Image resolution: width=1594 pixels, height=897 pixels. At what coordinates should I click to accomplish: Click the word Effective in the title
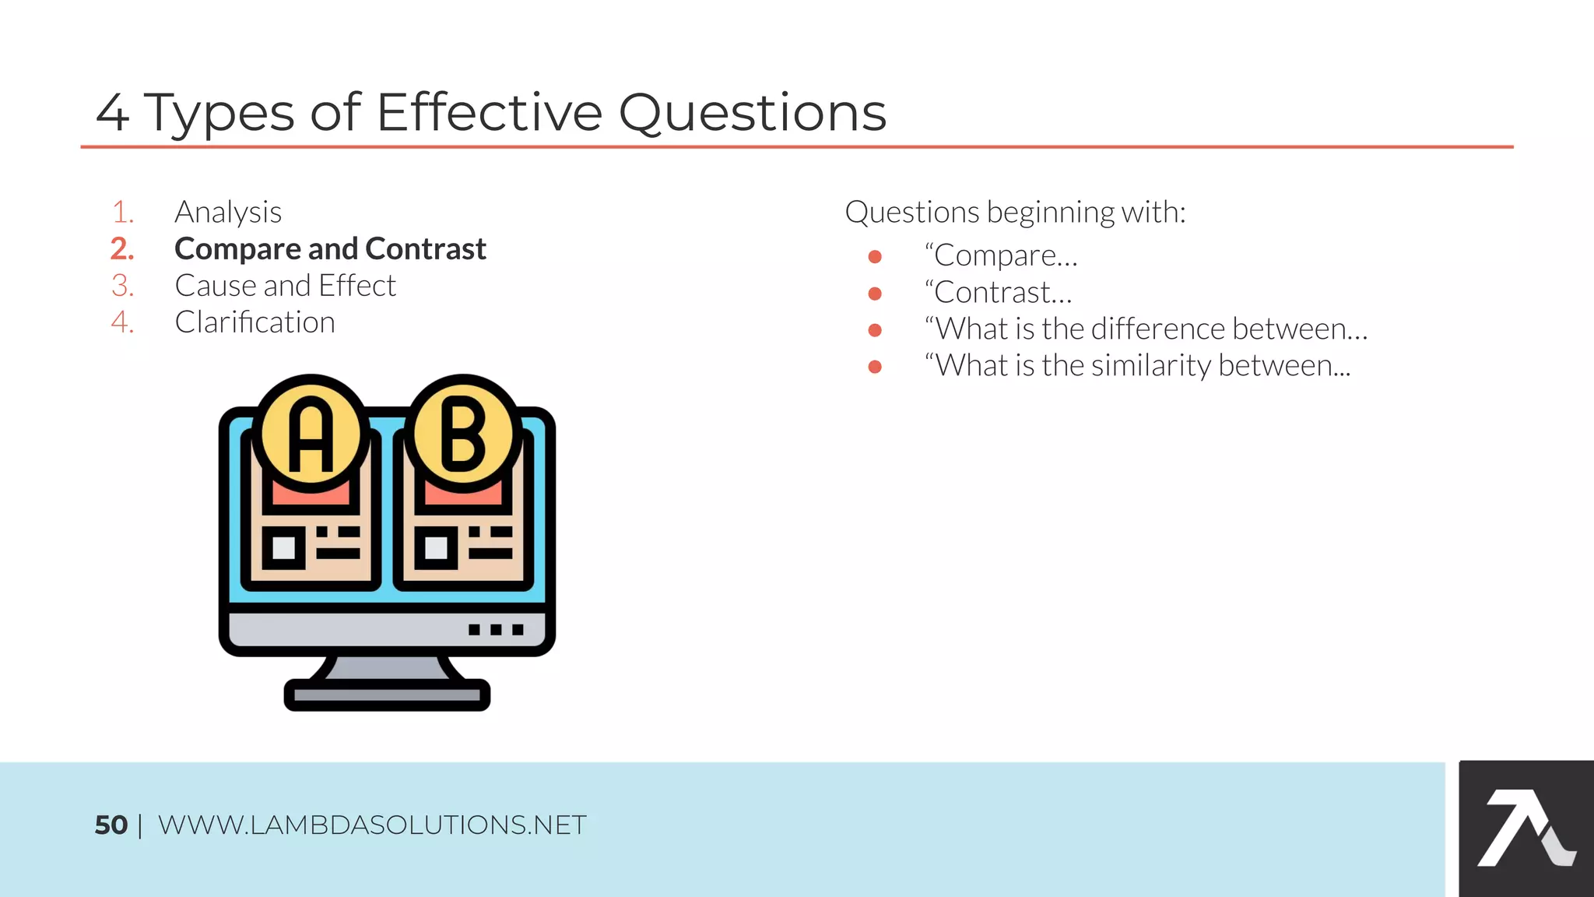[489, 112]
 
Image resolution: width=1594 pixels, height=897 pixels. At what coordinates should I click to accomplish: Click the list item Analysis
[228, 212]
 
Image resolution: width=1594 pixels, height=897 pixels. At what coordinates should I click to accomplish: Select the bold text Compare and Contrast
[330, 249]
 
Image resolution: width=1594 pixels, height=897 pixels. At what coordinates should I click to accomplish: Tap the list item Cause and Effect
[285, 286]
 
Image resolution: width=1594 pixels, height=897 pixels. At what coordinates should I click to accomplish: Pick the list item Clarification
[255, 322]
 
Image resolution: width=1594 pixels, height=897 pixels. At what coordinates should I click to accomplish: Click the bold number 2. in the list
[122, 249]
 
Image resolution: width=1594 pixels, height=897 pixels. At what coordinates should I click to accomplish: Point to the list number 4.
[122, 322]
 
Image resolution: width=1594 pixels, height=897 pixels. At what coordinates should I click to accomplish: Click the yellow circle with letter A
[311, 433]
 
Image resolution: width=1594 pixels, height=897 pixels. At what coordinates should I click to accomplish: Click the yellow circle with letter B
[463, 433]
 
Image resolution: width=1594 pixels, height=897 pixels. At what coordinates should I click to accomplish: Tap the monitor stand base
[387, 695]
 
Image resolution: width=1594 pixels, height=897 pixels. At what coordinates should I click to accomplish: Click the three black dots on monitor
[496, 629]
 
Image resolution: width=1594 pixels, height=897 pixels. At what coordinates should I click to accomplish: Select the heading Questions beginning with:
[1015, 212]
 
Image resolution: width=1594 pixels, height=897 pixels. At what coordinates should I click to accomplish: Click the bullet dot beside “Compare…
[875, 256]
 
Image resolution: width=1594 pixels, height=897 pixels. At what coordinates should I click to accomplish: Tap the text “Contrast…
[999, 293]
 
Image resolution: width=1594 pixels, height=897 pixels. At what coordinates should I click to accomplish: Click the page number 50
[111, 825]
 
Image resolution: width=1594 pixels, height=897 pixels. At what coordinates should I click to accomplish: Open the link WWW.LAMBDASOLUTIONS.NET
[372, 825]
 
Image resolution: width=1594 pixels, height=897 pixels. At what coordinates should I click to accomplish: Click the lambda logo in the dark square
[1526, 828]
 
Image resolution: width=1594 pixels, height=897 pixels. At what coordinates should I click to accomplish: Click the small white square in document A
[283, 547]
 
